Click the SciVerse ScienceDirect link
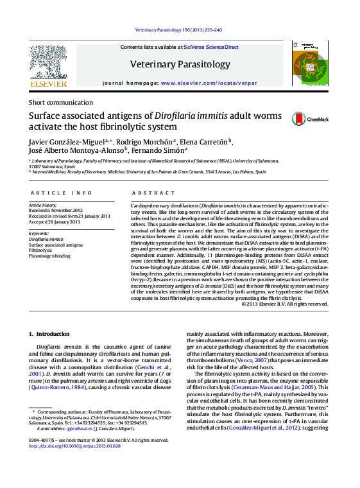[210, 47]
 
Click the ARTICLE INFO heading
[56, 193]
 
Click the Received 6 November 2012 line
[56, 210]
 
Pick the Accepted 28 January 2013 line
[55, 222]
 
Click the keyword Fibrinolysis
[40, 250]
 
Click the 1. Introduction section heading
[49, 334]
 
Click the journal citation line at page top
[179, 30]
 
